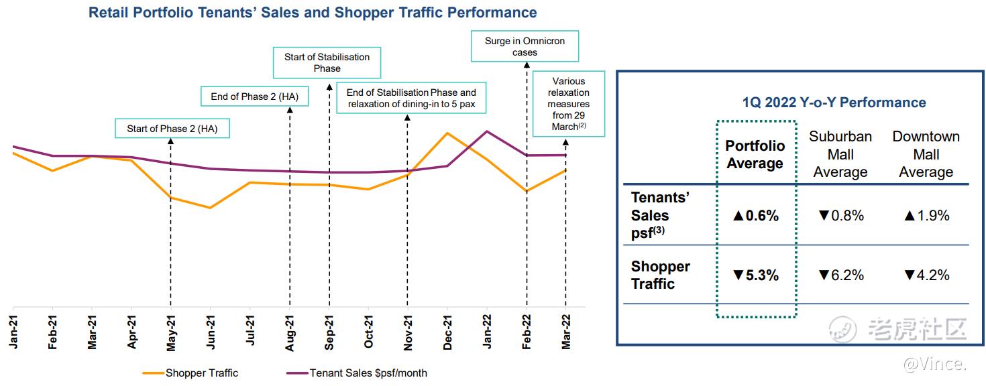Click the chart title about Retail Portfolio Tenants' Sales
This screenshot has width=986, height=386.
(x=313, y=13)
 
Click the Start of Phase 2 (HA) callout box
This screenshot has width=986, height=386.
(x=172, y=129)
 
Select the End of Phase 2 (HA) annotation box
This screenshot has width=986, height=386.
(x=254, y=96)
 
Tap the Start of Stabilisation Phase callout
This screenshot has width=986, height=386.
(x=327, y=62)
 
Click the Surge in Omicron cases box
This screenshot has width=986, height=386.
(x=525, y=46)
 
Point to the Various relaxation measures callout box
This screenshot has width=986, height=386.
(x=568, y=104)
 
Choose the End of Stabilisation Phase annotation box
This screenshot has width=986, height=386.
(x=411, y=99)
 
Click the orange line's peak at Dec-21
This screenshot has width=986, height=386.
(x=447, y=133)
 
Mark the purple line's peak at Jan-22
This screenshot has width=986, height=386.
(x=487, y=131)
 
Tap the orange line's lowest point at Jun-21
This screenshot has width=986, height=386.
(x=211, y=208)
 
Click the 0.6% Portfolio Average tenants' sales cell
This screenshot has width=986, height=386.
(x=755, y=216)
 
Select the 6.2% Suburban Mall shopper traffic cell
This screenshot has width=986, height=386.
(x=840, y=275)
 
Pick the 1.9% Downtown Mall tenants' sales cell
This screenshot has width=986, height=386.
(x=926, y=216)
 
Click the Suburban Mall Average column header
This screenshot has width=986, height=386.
(x=840, y=154)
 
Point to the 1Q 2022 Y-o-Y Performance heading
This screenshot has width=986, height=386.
(x=834, y=103)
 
